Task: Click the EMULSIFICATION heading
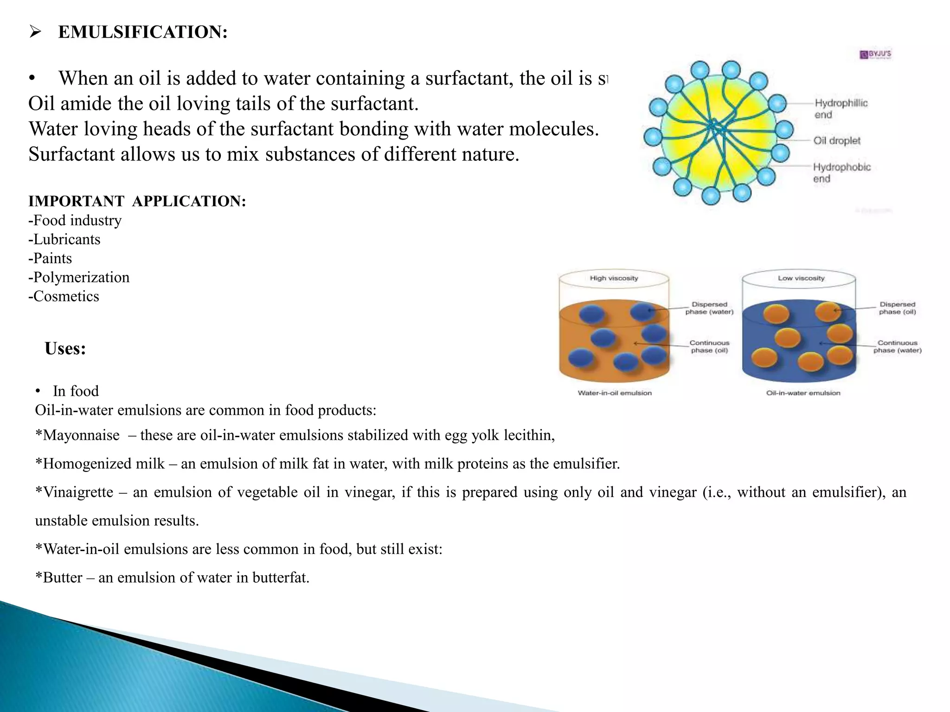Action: pos(143,32)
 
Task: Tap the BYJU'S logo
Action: pos(875,54)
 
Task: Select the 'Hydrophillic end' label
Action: pos(841,108)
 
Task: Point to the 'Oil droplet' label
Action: pos(837,140)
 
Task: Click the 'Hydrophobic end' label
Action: pos(841,172)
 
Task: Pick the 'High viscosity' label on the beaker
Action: pos(614,278)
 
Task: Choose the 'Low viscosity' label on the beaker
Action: pos(801,278)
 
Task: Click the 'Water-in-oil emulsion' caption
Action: pos(615,393)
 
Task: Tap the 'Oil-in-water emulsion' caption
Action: pos(803,393)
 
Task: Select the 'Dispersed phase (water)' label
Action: pos(709,308)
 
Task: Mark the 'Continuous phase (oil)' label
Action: pos(709,347)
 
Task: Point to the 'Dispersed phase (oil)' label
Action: pos(897,308)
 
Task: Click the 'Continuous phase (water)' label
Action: pos(897,347)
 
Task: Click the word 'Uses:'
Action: pos(65,349)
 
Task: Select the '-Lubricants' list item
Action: pos(64,239)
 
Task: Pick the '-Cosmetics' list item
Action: pos(64,296)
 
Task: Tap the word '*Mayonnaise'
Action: pos(77,435)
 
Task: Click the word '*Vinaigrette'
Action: pos(74,492)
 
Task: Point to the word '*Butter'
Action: pos(59,578)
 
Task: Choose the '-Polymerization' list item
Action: pos(79,277)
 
